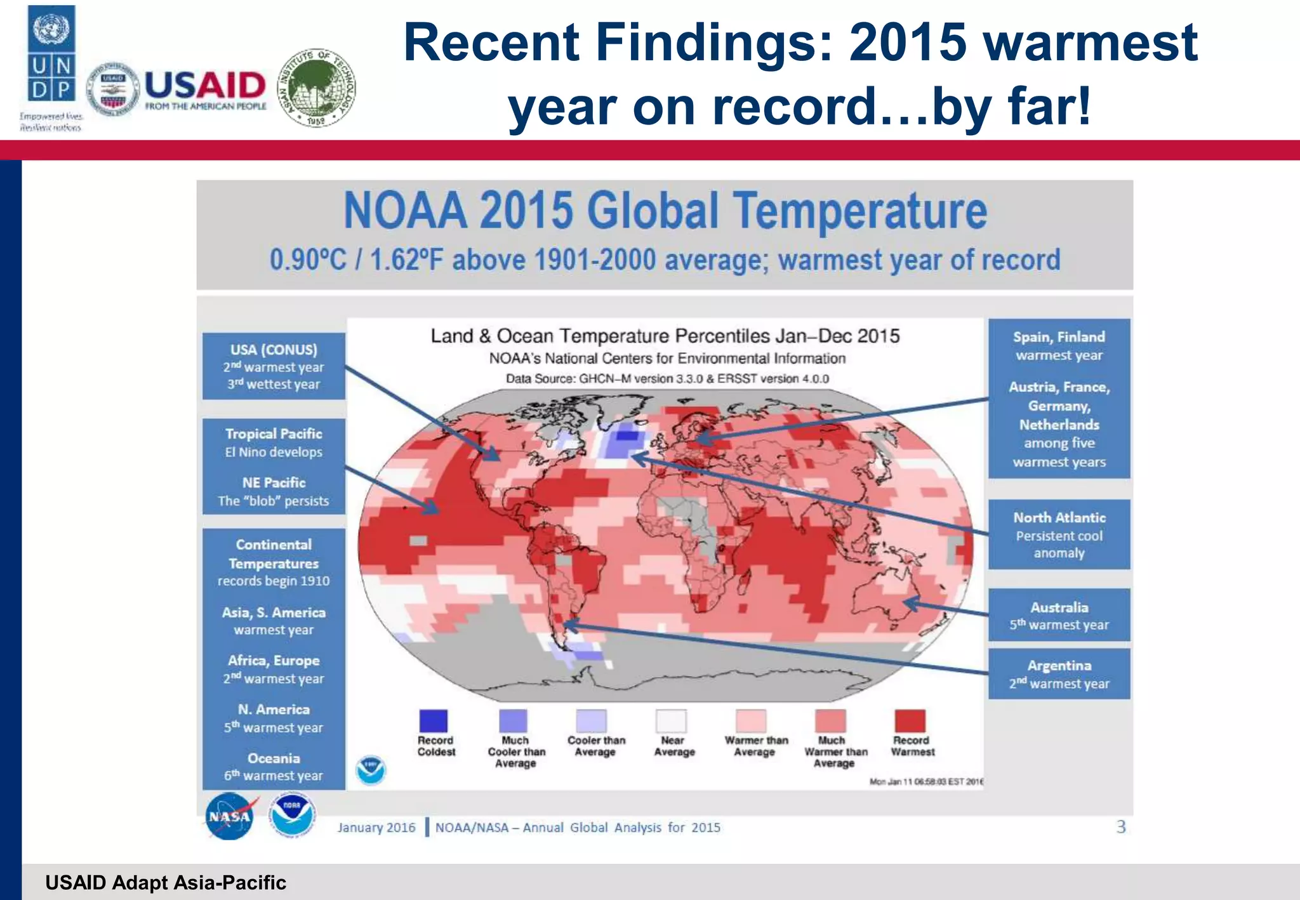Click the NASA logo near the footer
click(x=229, y=816)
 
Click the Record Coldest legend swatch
click(x=434, y=720)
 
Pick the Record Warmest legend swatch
click(x=910, y=720)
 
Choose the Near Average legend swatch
click(x=672, y=720)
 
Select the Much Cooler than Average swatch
click(x=513, y=720)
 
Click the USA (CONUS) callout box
click(x=274, y=366)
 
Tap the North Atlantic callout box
click(x=1059, y=534)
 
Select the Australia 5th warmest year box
click(x=1059, y=615)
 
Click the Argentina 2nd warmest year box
click(x=1059, y=674)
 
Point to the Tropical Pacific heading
click(x=274, y=433)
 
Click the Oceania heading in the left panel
click(x=274, y=758)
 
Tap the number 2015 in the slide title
click(x=908, y=43)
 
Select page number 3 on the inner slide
click(x=1121, y=826)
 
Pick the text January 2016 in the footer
click(x=376, y=827)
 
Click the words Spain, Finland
click(x=1059, y=337)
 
